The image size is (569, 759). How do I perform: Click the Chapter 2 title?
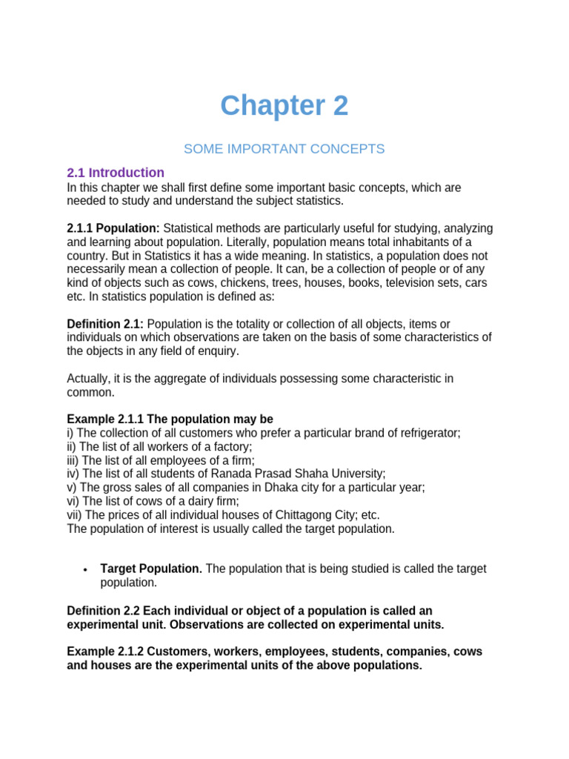click(284, 107)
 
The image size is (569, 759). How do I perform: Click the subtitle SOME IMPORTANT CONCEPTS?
click(284, 149)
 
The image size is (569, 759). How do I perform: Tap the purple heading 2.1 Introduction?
click(116, 173)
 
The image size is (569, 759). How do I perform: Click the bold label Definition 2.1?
click(104, 324)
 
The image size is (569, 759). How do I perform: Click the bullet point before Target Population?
click(86, 569)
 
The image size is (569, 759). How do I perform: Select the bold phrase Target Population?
click(151, 569)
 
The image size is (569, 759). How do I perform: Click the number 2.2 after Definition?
click(130, 611)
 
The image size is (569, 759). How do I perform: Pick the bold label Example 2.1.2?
click(105, 652)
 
